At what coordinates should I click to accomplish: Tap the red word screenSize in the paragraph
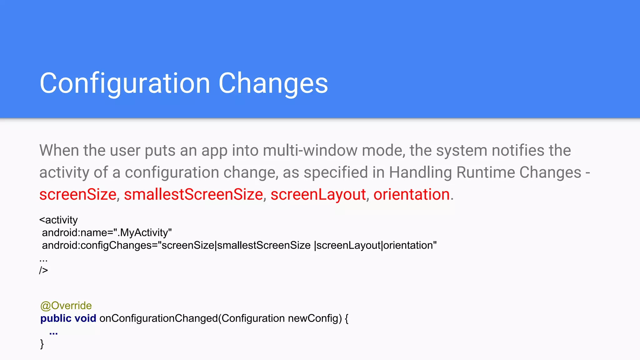point(78,194)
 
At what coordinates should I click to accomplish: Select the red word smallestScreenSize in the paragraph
point(193,194)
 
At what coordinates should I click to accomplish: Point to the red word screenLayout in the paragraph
point(318,194)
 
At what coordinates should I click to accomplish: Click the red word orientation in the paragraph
point(412,194)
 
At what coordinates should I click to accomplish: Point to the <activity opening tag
point(58,220)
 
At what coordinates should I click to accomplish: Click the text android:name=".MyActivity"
point(107,233)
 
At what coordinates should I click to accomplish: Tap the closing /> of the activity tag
point(43,270)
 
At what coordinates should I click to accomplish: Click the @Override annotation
point(66,306)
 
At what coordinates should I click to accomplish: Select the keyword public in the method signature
point(56,318)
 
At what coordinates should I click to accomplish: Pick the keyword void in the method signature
point(85,318)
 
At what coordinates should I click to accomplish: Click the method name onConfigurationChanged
point(158,318)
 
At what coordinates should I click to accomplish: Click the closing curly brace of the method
point(42,344)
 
